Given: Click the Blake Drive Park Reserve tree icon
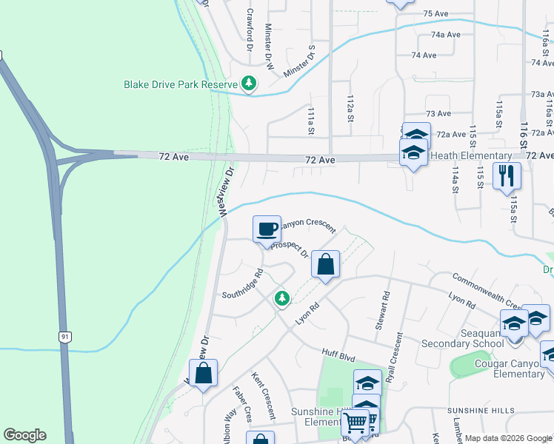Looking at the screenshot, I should point(250,84).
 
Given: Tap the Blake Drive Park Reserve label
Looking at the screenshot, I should point(181,84).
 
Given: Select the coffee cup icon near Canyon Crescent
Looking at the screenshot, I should point(267,229).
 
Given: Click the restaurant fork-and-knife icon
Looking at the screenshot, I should point(507,176).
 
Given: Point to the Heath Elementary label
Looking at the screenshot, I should point(471,156).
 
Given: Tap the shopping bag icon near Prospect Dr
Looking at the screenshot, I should point(325,263).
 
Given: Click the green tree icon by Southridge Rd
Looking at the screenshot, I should point(281,298).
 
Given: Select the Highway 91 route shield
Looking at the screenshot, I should point(66,337).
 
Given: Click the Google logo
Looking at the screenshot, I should point(24,435).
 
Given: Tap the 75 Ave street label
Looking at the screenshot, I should point(436,14).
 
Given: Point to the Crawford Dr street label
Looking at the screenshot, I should point(250,30).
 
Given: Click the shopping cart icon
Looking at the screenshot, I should point(356,423).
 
